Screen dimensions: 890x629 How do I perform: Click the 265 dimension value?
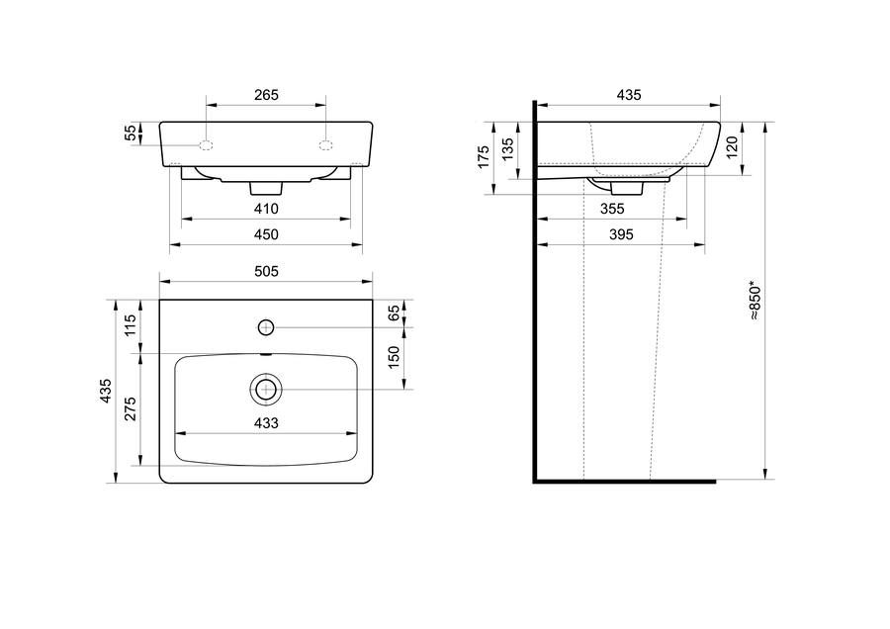[x=266, y=95]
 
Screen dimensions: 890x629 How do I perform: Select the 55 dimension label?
[x=131, y=133]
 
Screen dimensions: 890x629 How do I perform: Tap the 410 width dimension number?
[x=266, y=209]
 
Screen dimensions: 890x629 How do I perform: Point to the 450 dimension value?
[x=266, y=234]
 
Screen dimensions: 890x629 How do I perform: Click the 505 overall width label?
[x=266, y=271]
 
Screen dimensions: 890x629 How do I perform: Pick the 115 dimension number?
[x=131, y=325]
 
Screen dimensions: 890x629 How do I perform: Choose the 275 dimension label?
[x=131, y=408]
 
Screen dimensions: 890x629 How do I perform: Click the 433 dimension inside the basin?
[x=266, y=423]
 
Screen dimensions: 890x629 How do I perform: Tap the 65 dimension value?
[x=394, y=313]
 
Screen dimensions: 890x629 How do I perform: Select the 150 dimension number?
[x=394, y=357]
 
